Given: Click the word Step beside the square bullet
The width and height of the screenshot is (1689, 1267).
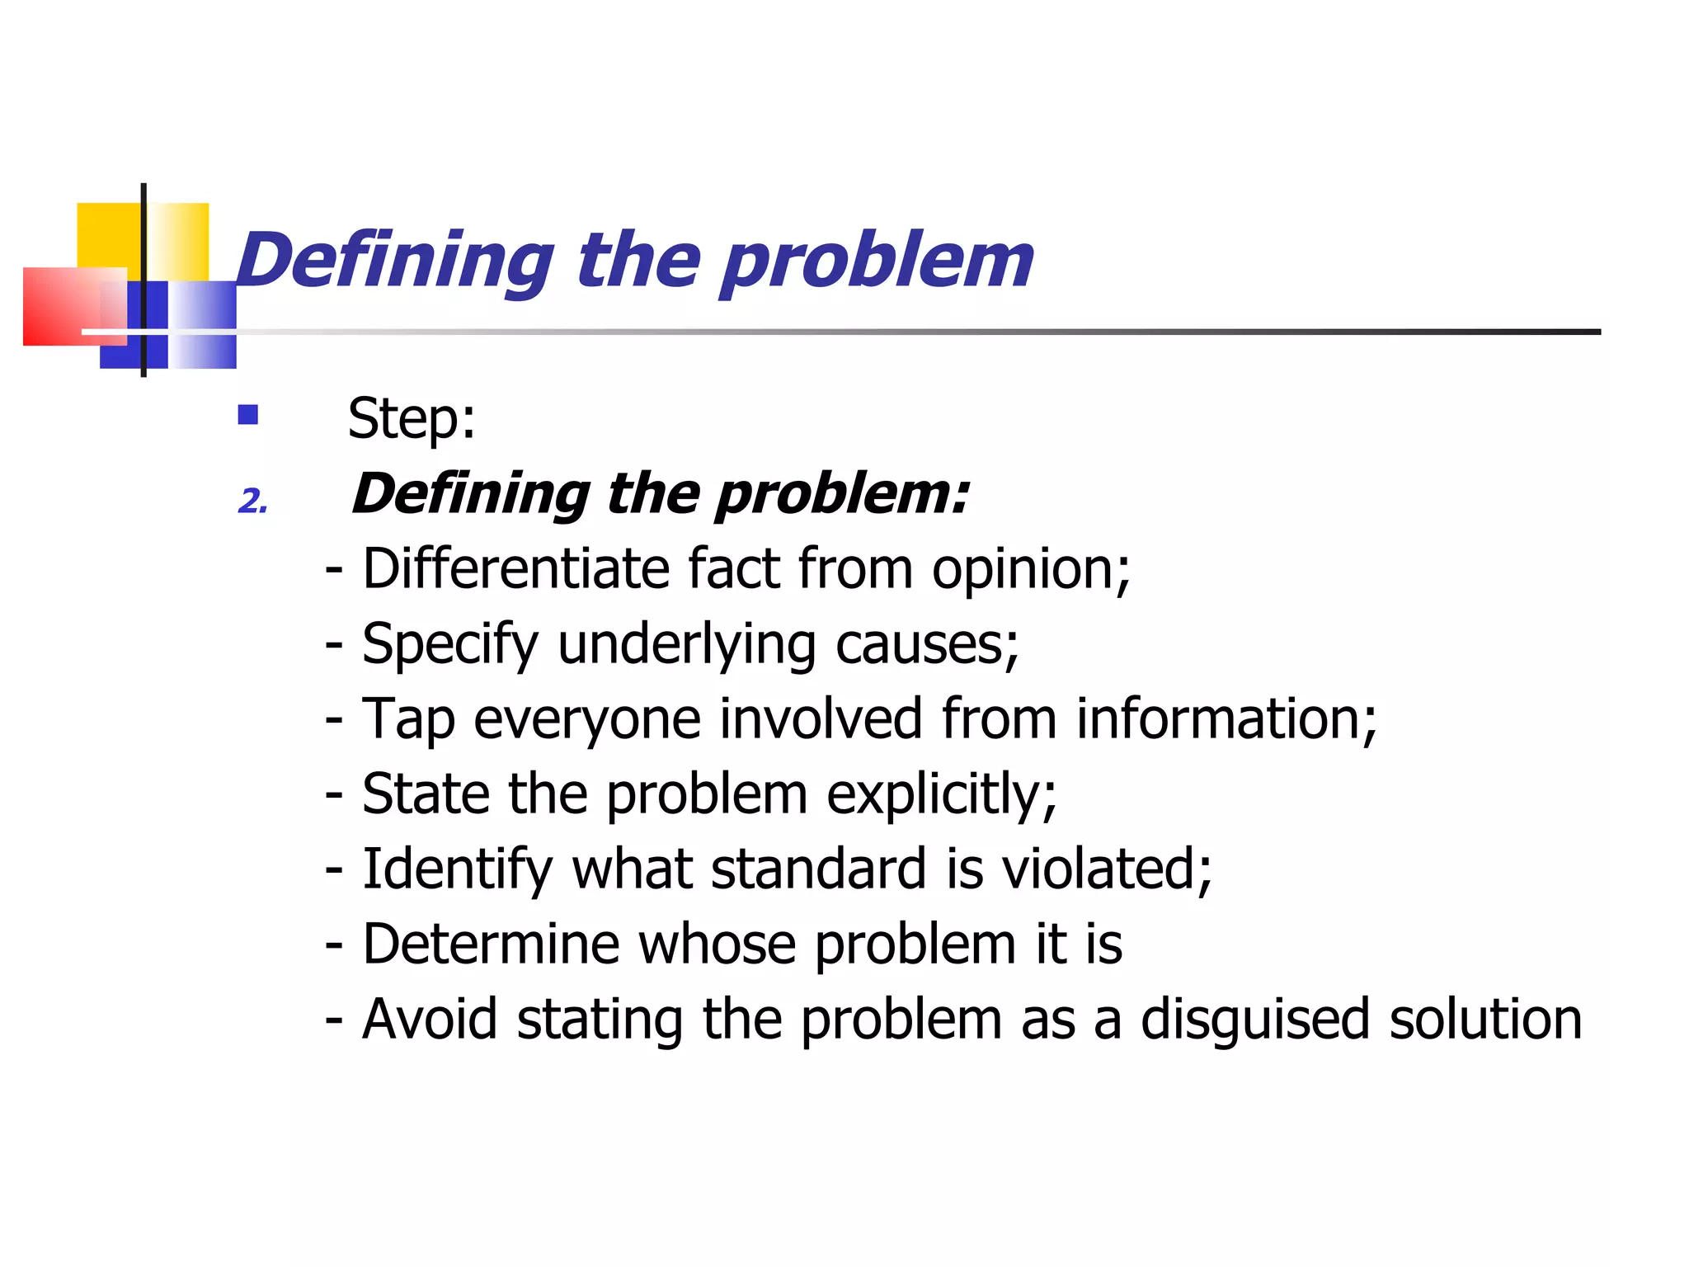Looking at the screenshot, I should point(404,418).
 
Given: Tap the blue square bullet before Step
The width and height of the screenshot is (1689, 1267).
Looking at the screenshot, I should point(247,414).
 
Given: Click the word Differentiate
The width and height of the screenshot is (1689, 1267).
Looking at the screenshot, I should point(515,568).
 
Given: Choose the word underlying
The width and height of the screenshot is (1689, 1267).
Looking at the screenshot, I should point(686,644).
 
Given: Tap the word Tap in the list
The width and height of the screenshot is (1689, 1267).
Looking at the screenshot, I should point(408,719).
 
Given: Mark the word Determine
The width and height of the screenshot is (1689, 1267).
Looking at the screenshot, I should point(491,944).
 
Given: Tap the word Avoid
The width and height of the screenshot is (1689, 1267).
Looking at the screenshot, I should point(430,1019).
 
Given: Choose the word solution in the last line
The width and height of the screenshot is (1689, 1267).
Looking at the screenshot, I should point(1485,1019).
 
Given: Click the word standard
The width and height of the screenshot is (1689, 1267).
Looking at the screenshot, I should point(818,869).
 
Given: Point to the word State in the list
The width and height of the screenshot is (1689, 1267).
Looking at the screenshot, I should point(425,794).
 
